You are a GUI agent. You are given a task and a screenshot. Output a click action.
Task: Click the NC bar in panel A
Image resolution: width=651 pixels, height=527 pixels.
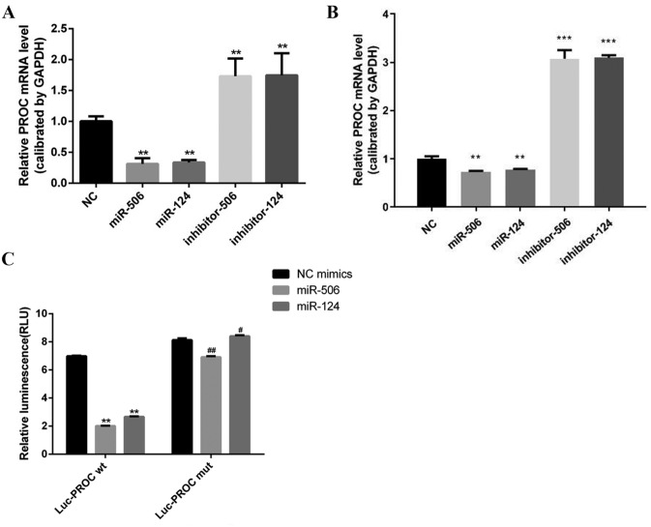97,152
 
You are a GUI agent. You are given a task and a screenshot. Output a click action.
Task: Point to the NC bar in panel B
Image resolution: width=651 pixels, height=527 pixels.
431,183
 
